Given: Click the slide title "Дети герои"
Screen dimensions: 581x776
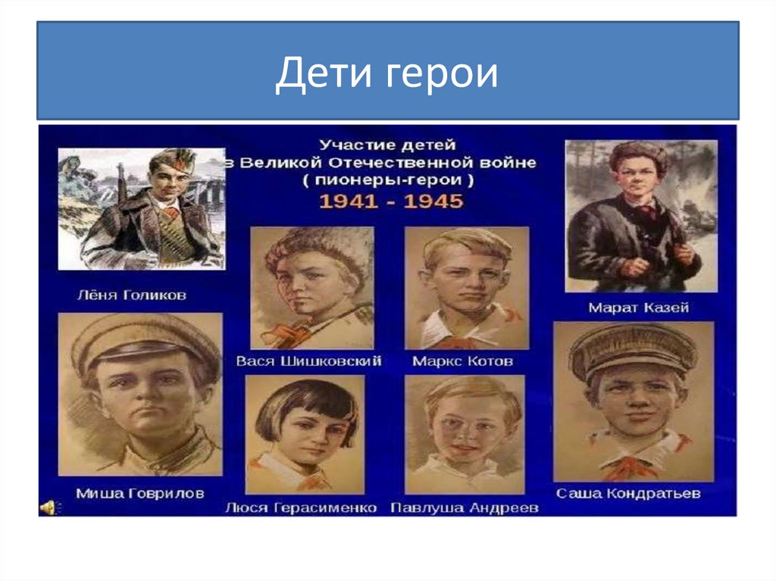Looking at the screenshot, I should pyautogui.click(x=386, y=74).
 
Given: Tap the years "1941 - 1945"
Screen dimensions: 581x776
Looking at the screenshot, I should pyautogui.click(x=390, y=202).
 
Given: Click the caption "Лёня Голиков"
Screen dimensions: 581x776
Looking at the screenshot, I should pyautogui.click(x=131, y=295).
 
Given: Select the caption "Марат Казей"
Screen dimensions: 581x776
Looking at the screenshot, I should pyautogui.click(x=639, y=308).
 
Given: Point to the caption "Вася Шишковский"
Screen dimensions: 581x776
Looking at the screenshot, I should pyautogui.click(x=308, y=361).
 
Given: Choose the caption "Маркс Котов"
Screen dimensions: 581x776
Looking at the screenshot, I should pyautogui.click(x=462, y=361).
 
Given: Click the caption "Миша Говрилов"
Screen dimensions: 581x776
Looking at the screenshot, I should pyautogui.click(x=139, y=493).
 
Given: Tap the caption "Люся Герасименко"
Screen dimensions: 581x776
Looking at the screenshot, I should pyautogui.click(x=301, y=508).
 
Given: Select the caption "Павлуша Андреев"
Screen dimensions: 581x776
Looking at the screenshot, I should pyautogui.click(x=464, y=508).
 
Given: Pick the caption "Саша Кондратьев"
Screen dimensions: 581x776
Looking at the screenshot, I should pyautogui.click(x=628, y=493).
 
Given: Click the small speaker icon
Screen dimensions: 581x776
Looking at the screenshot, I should pyautogui.click(x=47, y=508).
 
